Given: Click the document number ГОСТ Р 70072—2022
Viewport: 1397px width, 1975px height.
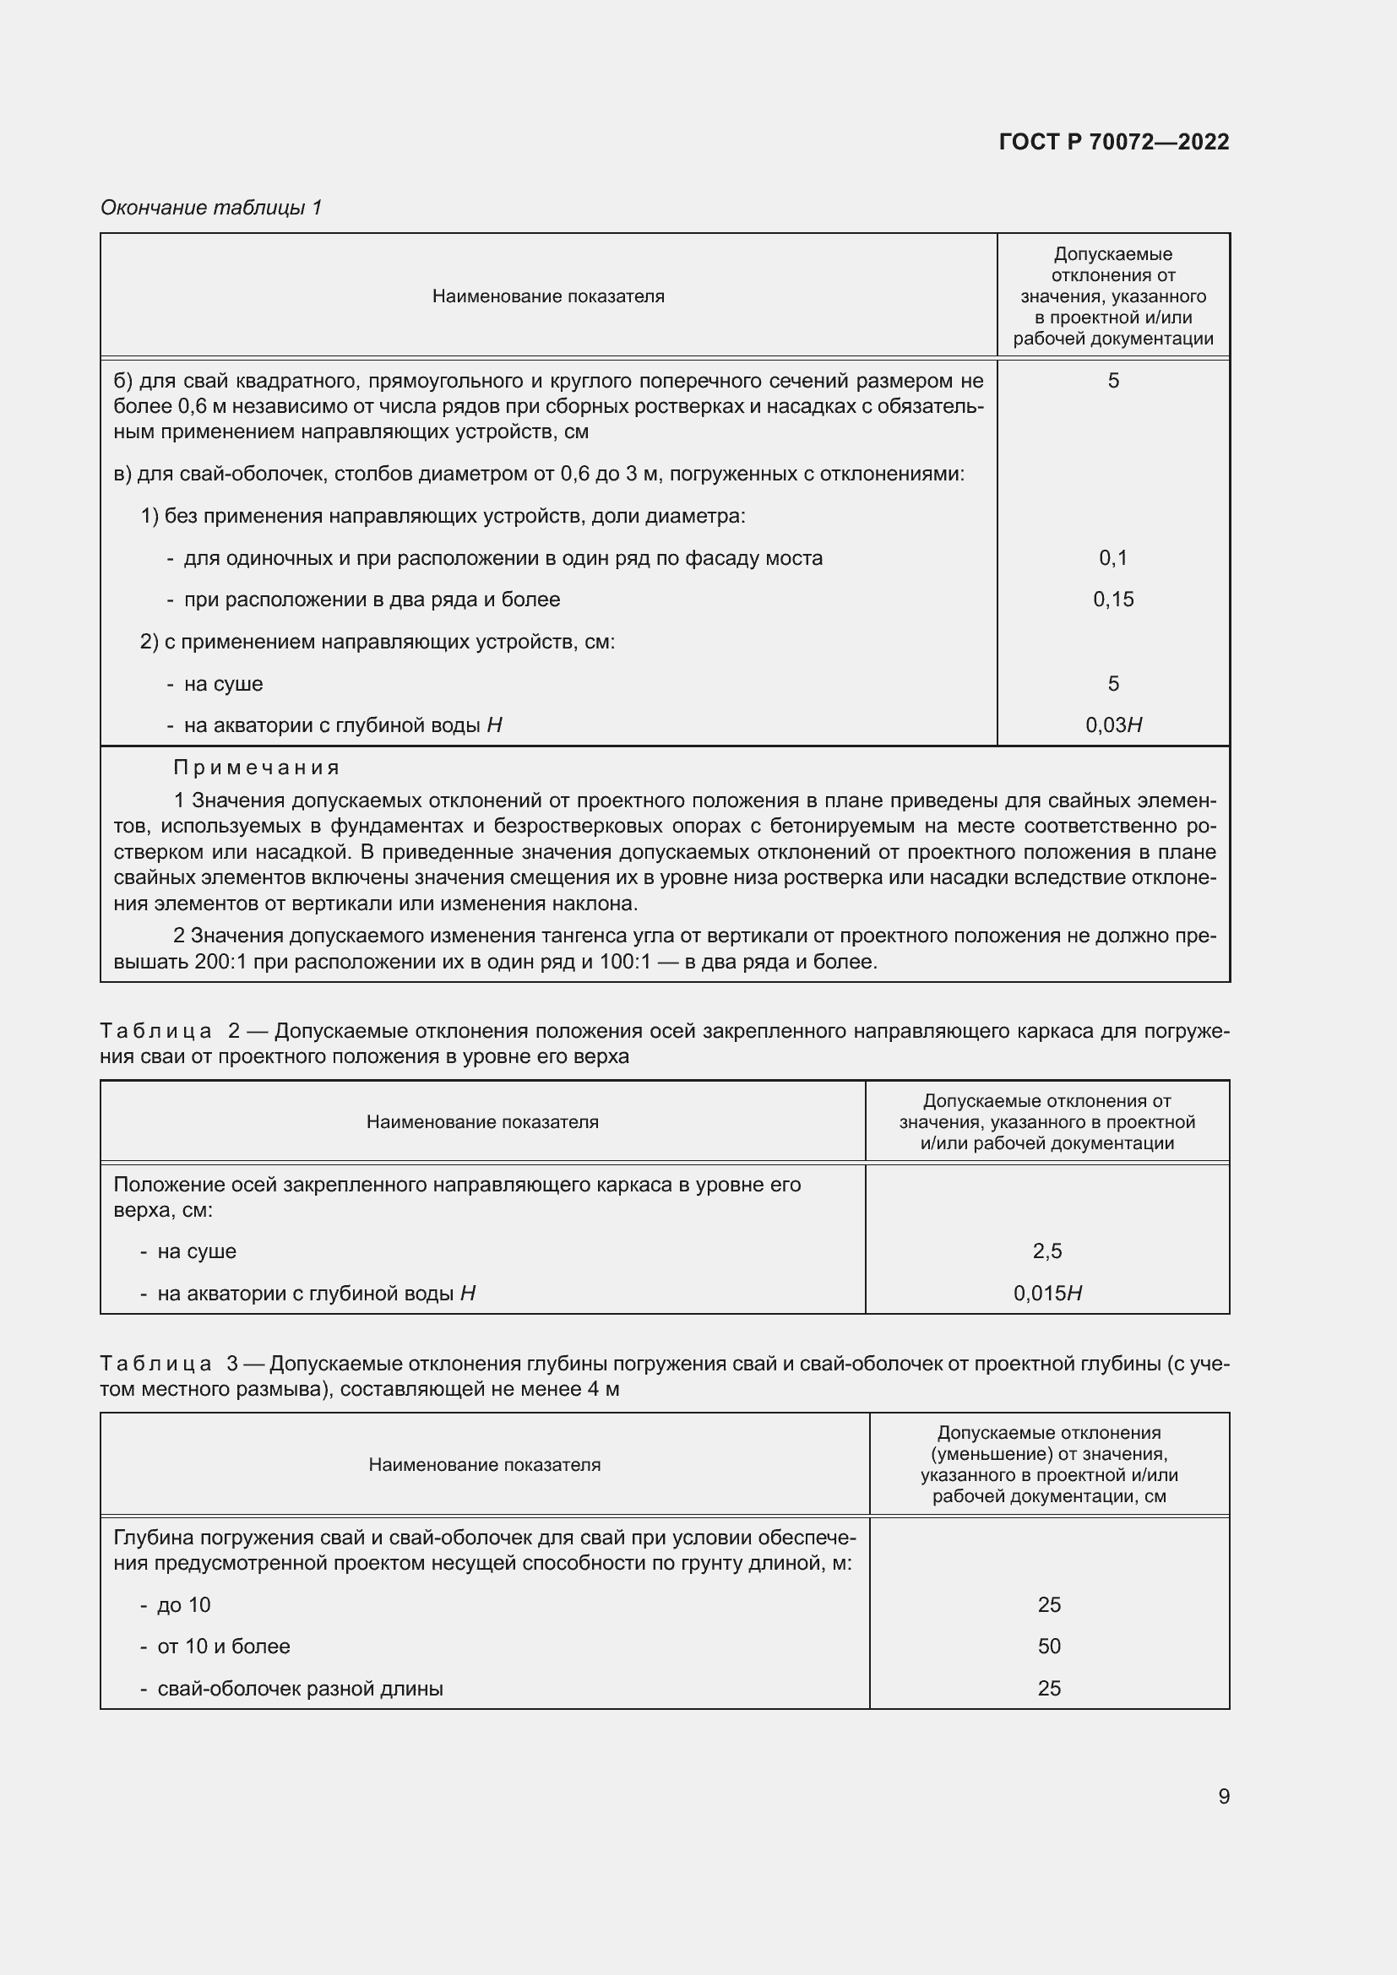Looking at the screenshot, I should (x=1114, y=142).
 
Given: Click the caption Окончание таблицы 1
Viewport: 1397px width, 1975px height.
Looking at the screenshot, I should (x=211, y=208).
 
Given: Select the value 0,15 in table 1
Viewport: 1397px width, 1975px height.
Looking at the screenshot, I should (x=1113, y=600).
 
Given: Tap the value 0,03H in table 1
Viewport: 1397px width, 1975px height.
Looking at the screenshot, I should (x=1113, y=725).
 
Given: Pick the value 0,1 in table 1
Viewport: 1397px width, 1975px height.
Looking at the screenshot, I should (x=1113, y=558).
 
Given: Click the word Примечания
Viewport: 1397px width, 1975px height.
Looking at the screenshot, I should (x=257, y=768).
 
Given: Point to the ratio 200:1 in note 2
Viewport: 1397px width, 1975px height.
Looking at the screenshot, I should (x=220, y=962).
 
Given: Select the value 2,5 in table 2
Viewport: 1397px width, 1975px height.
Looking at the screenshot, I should (x=1046, y=1251).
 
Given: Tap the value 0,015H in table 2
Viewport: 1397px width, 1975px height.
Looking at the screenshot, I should (x=1046, y=1293).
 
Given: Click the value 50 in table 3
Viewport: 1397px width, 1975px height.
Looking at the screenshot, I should (x=1049, y=1646).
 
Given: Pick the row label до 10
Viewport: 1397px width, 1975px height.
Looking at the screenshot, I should (x=183, y=1604).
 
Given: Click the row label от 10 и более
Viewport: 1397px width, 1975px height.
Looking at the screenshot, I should (x=224, y=1646).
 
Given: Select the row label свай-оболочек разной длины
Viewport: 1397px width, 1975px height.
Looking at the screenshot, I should (x=299, y=1688).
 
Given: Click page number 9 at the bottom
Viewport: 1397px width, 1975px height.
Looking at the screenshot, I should (x=1223, y=1796).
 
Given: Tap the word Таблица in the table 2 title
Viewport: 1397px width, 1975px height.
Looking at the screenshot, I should (x=155, y=1030).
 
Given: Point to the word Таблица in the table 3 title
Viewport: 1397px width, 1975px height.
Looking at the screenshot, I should (x=155, y=1364).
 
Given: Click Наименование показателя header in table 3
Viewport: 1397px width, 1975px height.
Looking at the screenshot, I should (x=484, y=1465).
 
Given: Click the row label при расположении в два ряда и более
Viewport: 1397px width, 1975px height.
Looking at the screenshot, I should (x=372, y=600).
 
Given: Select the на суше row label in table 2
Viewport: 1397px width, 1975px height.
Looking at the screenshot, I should (x=196, y=1251).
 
